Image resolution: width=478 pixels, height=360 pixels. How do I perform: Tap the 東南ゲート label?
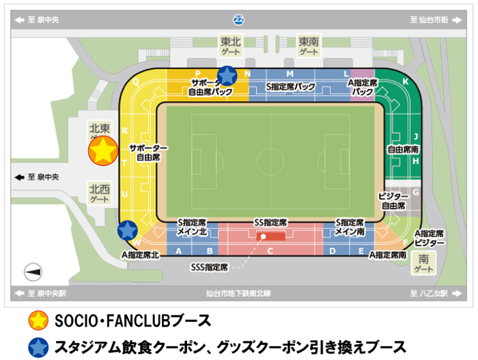(x=309, y=46)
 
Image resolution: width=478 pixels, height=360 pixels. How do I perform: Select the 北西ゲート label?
(x=100, y=193)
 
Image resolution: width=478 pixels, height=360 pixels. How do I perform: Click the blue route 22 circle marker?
(x=238, y=19)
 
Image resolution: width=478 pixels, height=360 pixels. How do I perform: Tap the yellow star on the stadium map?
(x=103, y=152)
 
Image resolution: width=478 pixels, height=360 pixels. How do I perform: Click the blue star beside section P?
(x=227, y=76)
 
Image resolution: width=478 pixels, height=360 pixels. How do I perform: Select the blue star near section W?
(x=127, y=231)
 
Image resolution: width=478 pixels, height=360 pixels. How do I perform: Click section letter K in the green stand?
(x=406, y=82)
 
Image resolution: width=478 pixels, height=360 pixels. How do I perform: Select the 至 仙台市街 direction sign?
(x=428, y=20)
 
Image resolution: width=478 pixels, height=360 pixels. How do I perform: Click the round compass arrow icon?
(x=33, y=272)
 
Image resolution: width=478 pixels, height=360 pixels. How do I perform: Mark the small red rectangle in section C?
(x=275, y=236)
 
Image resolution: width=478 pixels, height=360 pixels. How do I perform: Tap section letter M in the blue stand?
(x=290, y=74)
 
